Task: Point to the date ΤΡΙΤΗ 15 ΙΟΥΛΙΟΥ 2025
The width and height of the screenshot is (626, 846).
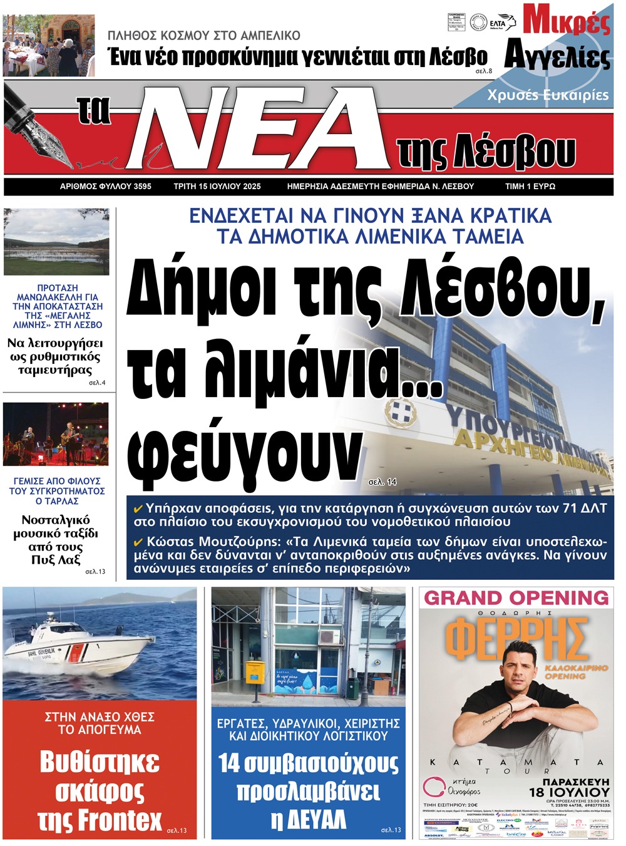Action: [217, 187]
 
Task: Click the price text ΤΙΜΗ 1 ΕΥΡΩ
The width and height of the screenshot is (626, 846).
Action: [530, 187]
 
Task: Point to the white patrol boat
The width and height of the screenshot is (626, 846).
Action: [81, 651]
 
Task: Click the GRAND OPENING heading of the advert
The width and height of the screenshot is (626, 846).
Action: [516, 598]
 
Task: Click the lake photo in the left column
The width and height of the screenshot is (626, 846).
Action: [56, 242]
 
